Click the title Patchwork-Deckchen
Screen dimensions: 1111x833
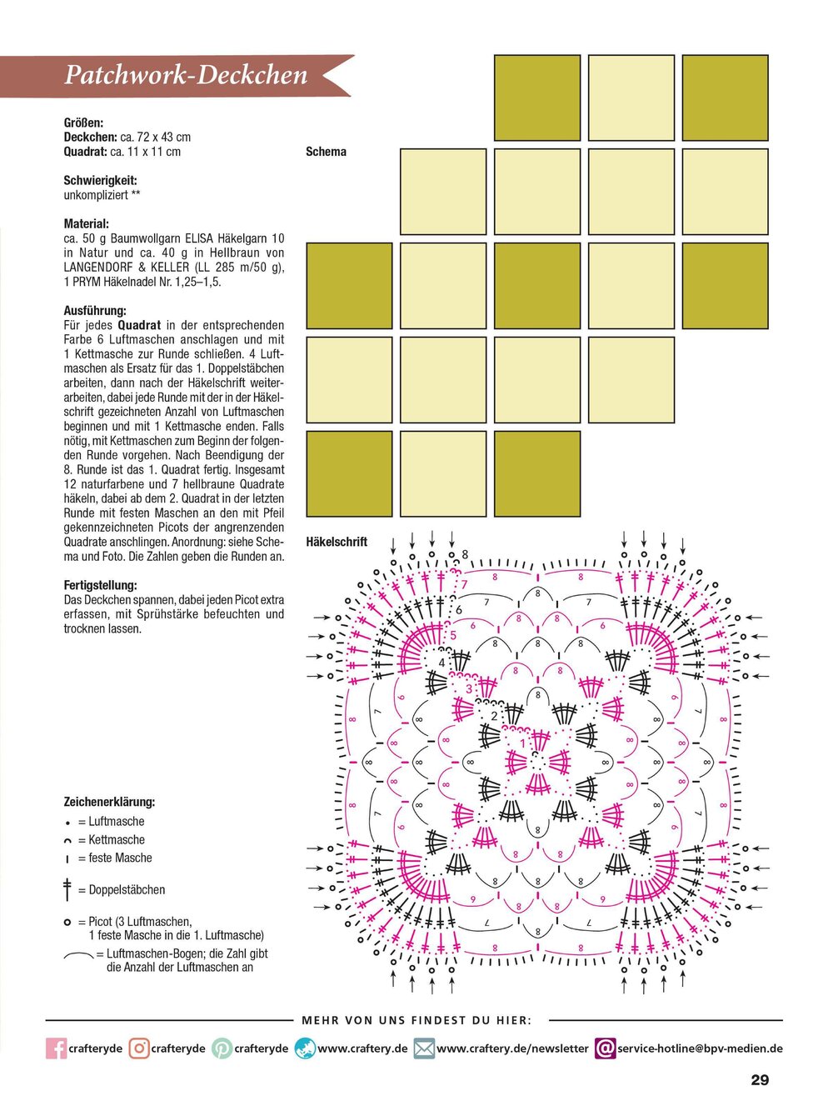click(186, 75)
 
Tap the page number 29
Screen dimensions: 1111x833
click(760, 1080)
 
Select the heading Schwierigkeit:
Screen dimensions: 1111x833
click(100, 180)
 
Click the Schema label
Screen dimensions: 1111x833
click(326, 152)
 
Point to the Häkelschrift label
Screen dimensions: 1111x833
click(337, 542)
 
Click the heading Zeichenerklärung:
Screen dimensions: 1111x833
click(109, 802)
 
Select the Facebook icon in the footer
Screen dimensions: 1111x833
click(56, 1048)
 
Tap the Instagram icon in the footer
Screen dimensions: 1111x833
click(139, 1048)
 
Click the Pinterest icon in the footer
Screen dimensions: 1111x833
click(222, 1048)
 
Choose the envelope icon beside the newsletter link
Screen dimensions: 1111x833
click(424, 1048)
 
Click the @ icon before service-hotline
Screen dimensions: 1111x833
click(606, 1048)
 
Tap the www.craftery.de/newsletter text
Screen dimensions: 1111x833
click(512, 1048)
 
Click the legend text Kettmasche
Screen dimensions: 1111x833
click(117, 840)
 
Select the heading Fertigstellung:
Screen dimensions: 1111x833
click(100, 585)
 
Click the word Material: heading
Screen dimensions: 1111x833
click(87, 224)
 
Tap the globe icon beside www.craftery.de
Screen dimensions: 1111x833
click(305, 1048)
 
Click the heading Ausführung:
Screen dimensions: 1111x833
click(95, 311)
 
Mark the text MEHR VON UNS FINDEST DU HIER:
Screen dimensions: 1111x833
click(416, 1020)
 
